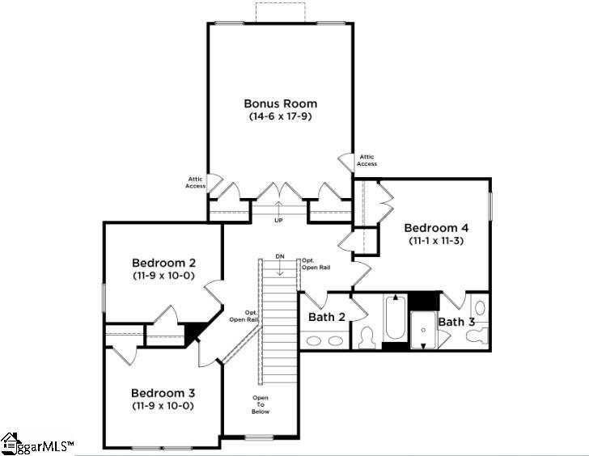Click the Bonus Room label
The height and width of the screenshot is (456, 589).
tap(280, 103)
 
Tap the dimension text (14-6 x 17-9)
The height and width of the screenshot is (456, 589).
tap(280, 116)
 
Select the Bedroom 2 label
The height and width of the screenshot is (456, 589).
tap(164, 263)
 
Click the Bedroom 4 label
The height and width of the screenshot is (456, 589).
tap(436, 227)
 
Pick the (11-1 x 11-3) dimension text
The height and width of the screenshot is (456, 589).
tap(436, 240)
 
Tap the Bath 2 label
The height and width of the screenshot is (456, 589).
tap(327, 317)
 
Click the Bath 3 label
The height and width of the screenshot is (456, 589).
tap(457, 322)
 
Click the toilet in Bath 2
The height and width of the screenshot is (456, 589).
tap(367, 337)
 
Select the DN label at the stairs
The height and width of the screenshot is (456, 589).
tap(280, 256)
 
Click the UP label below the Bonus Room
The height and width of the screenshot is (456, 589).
tap(278, 220)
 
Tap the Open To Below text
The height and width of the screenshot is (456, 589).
tap(260, 404)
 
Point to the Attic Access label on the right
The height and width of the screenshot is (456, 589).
tap(367, 160)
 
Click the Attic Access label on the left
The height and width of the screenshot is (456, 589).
tap(195, 183)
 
